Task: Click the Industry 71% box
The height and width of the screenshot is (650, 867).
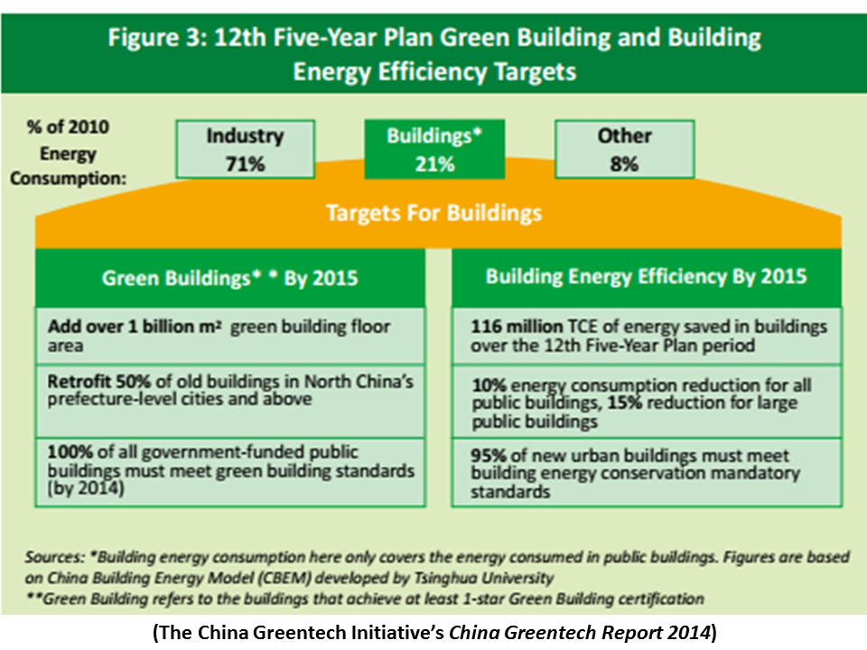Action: [245, 149]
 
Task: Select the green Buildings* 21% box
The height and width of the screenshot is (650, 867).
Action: [421, 149]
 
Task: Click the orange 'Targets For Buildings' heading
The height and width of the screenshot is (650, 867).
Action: [433, 213]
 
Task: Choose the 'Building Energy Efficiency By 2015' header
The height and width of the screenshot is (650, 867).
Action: [646, 276]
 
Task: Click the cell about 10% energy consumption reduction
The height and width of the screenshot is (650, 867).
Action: [647, 403]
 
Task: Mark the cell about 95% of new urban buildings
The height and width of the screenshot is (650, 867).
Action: [647, 473]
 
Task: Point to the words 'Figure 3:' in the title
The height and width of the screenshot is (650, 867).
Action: [160, 39]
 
